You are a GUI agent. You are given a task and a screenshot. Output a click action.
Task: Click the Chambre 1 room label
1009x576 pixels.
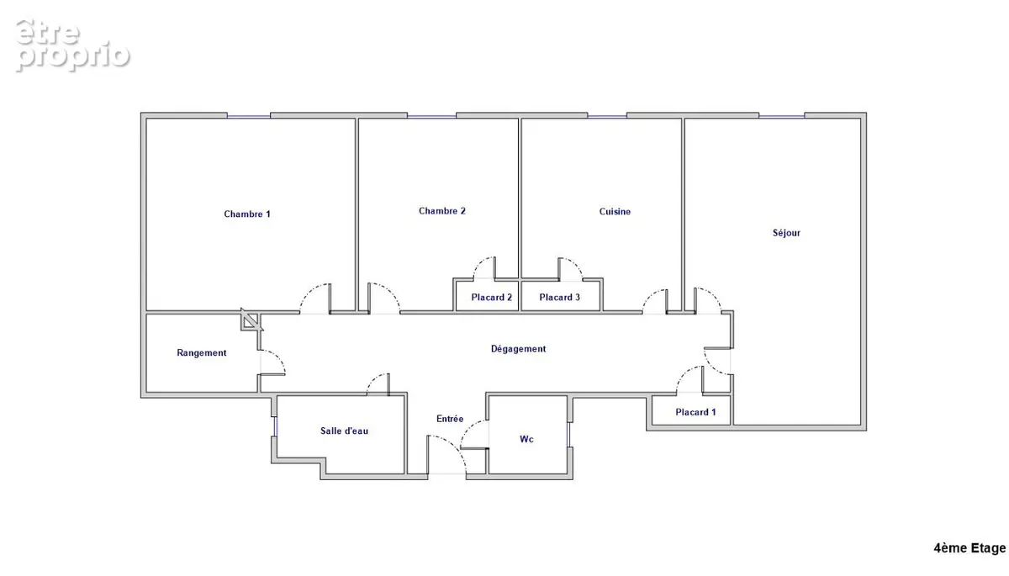[x=247, y=214]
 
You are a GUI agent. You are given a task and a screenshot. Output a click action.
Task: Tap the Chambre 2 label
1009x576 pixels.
[x=442, y=211]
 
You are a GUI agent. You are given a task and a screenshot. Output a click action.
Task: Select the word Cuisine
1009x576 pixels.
[x=615, y=211]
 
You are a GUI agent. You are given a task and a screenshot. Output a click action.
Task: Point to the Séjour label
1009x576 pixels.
[x=786, y=233]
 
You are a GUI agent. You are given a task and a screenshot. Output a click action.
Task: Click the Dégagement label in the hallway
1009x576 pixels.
[x=518, y=349]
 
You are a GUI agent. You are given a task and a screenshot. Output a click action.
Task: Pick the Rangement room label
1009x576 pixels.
[x=201, y=352]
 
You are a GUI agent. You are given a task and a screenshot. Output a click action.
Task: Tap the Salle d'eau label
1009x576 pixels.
[x=344, y=431]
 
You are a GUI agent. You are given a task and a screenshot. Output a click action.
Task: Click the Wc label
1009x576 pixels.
[x=526, y=439]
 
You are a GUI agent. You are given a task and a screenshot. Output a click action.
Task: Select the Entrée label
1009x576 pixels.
[x=450, y=419]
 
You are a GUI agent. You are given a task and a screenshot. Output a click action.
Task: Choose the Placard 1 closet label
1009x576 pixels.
[x=695, y=412]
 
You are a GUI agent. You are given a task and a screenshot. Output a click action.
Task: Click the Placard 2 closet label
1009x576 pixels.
[x=491, y=297]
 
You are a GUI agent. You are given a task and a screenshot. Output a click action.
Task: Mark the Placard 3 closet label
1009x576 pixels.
[x=559, y=297]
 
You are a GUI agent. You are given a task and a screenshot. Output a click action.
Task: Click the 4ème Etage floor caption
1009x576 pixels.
[x=969, y=548]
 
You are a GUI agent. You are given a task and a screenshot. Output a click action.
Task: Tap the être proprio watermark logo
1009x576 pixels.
[x=72, y=45]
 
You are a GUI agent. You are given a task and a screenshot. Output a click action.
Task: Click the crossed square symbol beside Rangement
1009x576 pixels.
[x=251, y=320]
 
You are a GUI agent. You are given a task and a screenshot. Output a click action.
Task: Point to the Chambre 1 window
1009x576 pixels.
[x=248, y=116]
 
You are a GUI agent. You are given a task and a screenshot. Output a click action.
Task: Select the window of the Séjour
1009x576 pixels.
[x=781, y=116]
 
